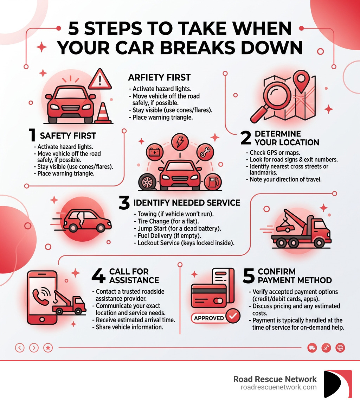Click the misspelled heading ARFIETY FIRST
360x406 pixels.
click(x=159, y=77)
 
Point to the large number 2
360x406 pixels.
click(x=246, y=138)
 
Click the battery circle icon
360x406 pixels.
click(x=154, y=152)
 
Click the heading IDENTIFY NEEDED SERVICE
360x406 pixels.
click(x=187, y=203)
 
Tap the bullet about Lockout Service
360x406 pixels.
click(x=184, y=243)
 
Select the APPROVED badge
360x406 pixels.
click(x=209, y=318)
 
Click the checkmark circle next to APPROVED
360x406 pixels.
click(x=232, y=317)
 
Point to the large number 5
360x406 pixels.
click(x=249, y=276)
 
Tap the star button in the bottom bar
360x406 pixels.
click(x=48, y=348)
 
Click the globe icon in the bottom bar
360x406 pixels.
click(x=340, y=348)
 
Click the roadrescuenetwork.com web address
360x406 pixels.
click(x=278, y=387)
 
